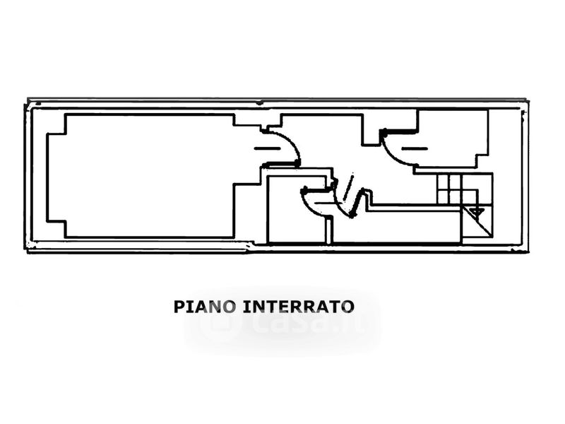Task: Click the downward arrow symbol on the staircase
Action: (x=476, y=211)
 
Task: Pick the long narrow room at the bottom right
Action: (x=395, y=226)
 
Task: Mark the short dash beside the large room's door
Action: (x=266, y=148)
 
